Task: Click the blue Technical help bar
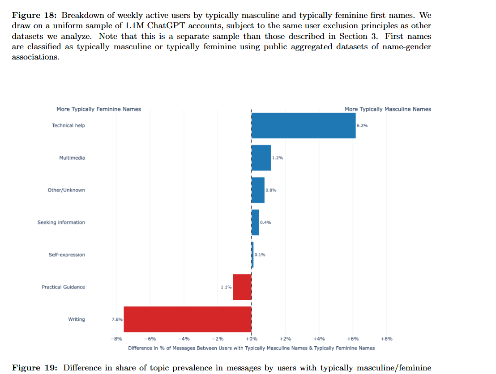304,125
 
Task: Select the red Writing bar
188,319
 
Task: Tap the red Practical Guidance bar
242,287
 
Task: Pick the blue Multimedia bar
261,158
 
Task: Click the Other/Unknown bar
258,190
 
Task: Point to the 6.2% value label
362,126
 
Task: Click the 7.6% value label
116,319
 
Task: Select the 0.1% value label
260,255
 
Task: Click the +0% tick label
251,339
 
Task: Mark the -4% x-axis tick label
184,339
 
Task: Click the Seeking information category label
61,222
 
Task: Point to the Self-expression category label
67,255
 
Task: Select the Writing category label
76,319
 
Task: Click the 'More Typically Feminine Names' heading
98,109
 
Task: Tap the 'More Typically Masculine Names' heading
388,109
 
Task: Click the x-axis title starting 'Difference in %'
251,348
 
